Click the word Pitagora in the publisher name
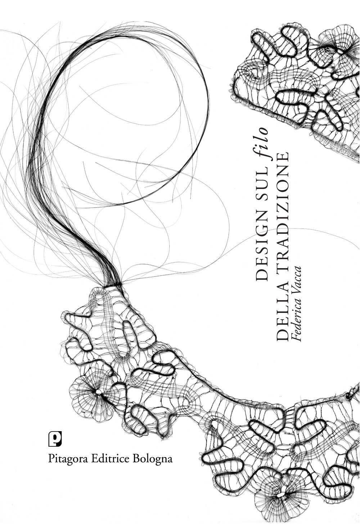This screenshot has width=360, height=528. [x=68, y=459]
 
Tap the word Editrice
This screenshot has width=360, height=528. [x=111, y=458]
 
